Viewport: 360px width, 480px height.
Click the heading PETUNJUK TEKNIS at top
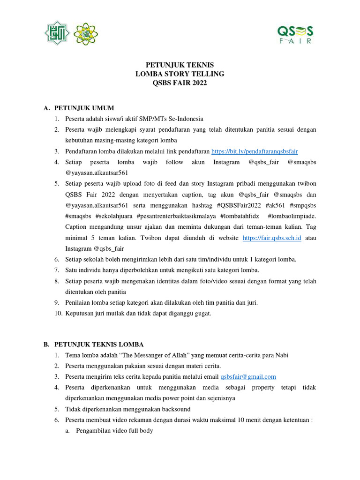click(x=180, y=65)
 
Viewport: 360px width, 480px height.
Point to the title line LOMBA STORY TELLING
click(x=180, y=74)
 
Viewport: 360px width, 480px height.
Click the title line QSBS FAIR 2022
click(x=180, y=83)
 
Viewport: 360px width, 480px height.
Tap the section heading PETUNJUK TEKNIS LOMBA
click(x=99, y=345)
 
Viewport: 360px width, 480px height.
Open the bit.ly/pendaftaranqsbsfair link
click(x=255, y=151)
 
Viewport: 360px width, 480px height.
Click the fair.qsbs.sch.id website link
click(x=271, y=238)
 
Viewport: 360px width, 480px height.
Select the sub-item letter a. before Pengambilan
click(x=67, y=431)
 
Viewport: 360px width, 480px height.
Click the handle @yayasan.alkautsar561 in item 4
click(x=97, y=173)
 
